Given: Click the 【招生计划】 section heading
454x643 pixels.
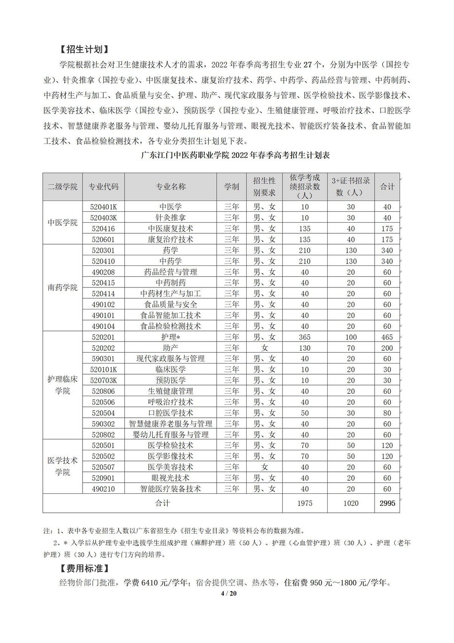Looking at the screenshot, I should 82,49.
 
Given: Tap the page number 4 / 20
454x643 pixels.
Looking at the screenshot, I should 229,593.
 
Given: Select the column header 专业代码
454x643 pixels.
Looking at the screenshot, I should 103,187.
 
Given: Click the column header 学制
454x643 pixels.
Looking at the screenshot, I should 232,187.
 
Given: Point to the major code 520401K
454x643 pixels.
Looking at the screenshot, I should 103,207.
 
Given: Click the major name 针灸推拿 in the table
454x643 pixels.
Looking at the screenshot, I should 171,218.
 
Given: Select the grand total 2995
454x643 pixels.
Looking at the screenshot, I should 387,503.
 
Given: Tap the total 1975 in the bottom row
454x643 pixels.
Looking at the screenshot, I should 305,503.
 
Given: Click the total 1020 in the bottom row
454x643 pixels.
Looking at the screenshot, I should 351,503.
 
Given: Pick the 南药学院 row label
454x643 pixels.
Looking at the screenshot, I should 62,287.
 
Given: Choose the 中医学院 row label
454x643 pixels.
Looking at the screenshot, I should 62,223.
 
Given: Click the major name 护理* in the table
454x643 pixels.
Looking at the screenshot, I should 171,337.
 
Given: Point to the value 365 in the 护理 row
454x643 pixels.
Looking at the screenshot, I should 305,337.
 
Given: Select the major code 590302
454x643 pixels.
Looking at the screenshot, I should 103,424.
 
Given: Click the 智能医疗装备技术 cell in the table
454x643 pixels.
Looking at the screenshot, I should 171,489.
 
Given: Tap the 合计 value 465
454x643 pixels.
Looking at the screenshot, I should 387,337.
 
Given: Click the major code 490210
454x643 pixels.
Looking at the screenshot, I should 103,489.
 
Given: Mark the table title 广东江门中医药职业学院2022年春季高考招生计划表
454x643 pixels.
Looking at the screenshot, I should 235,155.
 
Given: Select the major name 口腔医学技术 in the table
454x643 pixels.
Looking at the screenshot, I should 171,413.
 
